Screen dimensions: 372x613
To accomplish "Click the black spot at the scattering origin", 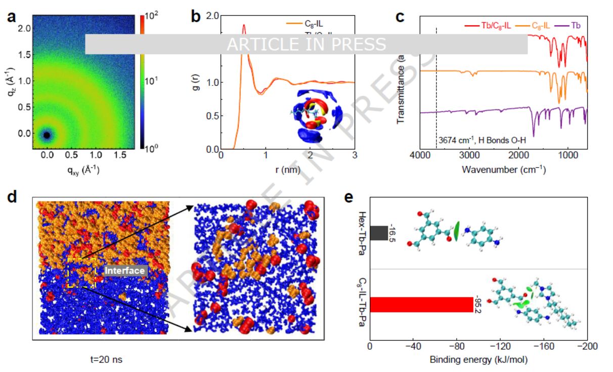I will click(x=47, y=135).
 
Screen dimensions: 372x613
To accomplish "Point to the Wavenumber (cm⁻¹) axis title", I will click(x=503, y=170).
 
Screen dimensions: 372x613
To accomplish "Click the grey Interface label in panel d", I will click(x=125, y=271).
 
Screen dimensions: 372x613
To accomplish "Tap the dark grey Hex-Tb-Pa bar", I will click(x=378, y=233).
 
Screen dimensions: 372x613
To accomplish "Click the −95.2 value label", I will click(x=477, y=305).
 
